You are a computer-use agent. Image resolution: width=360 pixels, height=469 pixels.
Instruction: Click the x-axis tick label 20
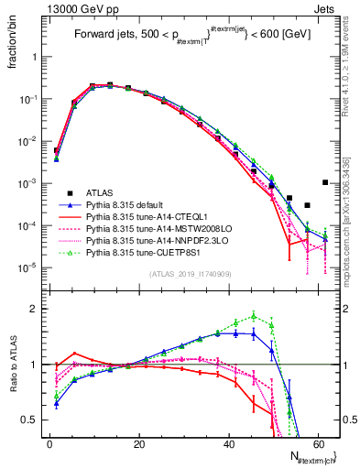tap(138, 444)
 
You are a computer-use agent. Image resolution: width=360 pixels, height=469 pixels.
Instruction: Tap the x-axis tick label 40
tap(228, 444)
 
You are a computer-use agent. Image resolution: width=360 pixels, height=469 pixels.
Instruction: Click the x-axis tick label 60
tap(317, 444)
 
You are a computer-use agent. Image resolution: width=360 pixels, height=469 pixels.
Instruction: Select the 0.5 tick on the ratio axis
tap(35, 420)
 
